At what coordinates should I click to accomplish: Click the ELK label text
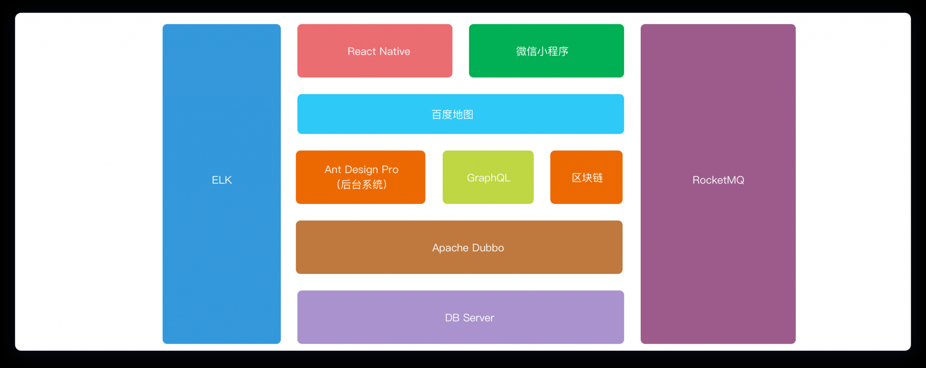click(x=222, y=180)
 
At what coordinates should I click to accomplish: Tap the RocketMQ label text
click(x=718, y=180)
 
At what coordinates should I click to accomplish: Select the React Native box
click(x=375, y=51)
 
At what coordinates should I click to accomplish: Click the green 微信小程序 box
click(x=546, y=51)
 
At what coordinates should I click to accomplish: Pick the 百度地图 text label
click(x=452, y=114)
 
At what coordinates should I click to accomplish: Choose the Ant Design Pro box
click(x=360, y=177)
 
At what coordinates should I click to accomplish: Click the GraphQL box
click(x=488, y=177)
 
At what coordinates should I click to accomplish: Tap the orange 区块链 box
click(x=586, y=177)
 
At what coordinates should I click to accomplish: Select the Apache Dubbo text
click(x=468, y=248)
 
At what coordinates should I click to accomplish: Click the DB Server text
click(x=469, y=318)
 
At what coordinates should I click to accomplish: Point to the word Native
click(x=395, y=52)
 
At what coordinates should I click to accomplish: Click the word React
click(x=362, y=52)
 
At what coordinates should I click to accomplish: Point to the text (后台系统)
click(x=361, y=184)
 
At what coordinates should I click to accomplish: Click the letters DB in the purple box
click(x=452, y=318)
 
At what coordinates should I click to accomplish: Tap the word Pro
click(x=390, y=170)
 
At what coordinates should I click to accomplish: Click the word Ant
click(x=333, y=170)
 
